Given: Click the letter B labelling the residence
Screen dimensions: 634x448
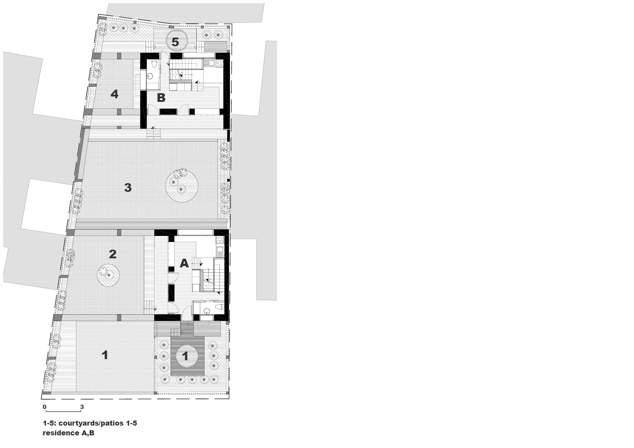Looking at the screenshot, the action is [161, 98].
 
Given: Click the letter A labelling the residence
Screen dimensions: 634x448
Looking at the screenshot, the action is [184, 263].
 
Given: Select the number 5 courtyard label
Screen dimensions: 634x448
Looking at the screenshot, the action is [175, 42].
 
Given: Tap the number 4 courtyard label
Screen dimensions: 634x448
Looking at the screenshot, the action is [115, 94].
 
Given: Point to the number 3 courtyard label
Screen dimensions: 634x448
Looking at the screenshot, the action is [128, 188].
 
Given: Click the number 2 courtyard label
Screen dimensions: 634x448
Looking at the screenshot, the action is [113, 254].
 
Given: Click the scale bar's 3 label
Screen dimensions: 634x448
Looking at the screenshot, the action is [82, 407].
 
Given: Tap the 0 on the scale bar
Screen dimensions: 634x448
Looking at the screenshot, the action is [44, 407].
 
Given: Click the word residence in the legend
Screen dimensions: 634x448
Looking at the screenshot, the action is [59, 433].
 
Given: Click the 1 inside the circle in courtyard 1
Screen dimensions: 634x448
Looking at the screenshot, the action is [185, 356].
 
